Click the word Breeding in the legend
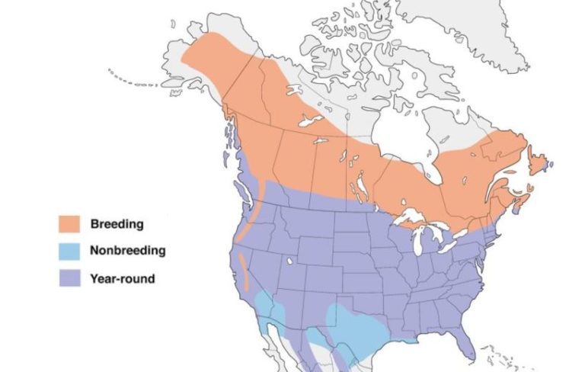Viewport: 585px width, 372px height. tap(117, 223)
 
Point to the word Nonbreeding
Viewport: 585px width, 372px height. tap(127, 251)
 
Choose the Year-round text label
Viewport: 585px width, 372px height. tap(122, 278)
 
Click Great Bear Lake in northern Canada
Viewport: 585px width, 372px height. tap(294, 91)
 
